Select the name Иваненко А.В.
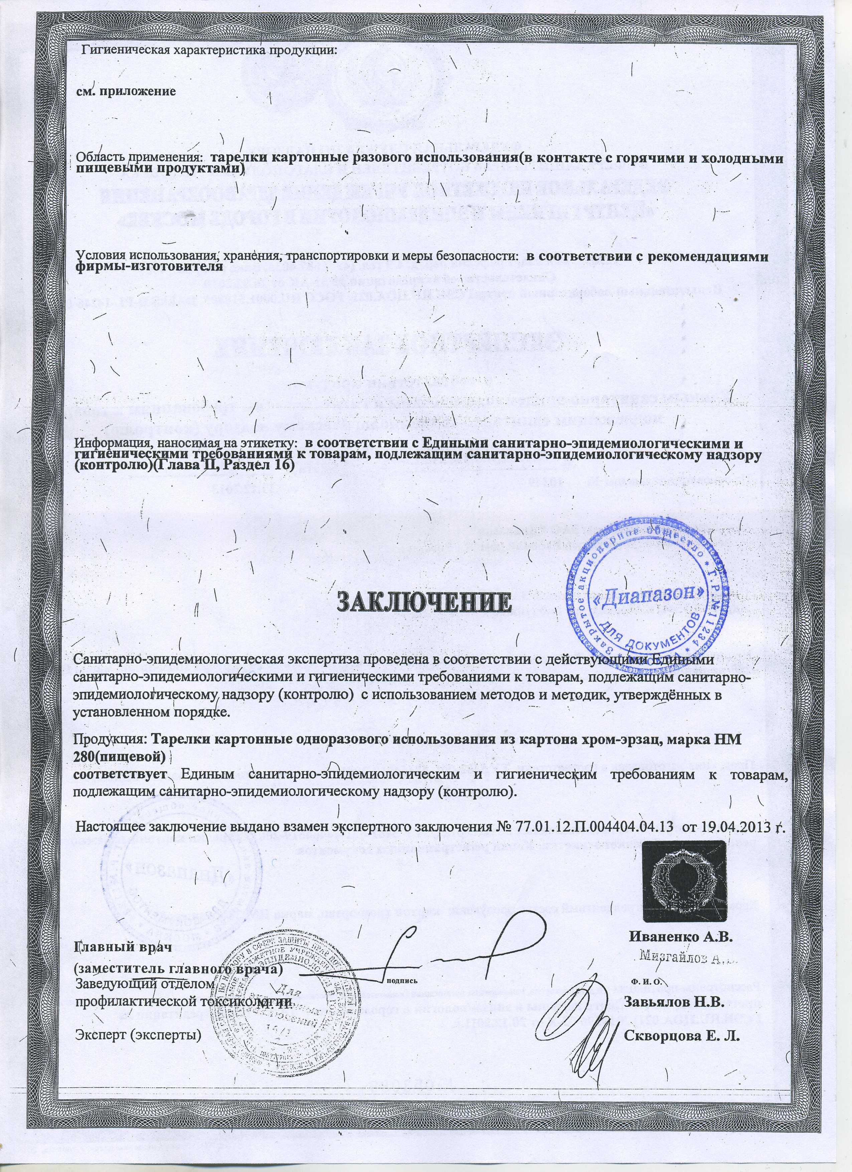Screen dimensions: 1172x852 pyautogui.click(x=681, y=936)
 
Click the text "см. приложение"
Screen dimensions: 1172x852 pyautogui.click(x=127, y=92)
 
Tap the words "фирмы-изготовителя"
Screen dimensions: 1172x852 pyautogui.click(x=150, y=267)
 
